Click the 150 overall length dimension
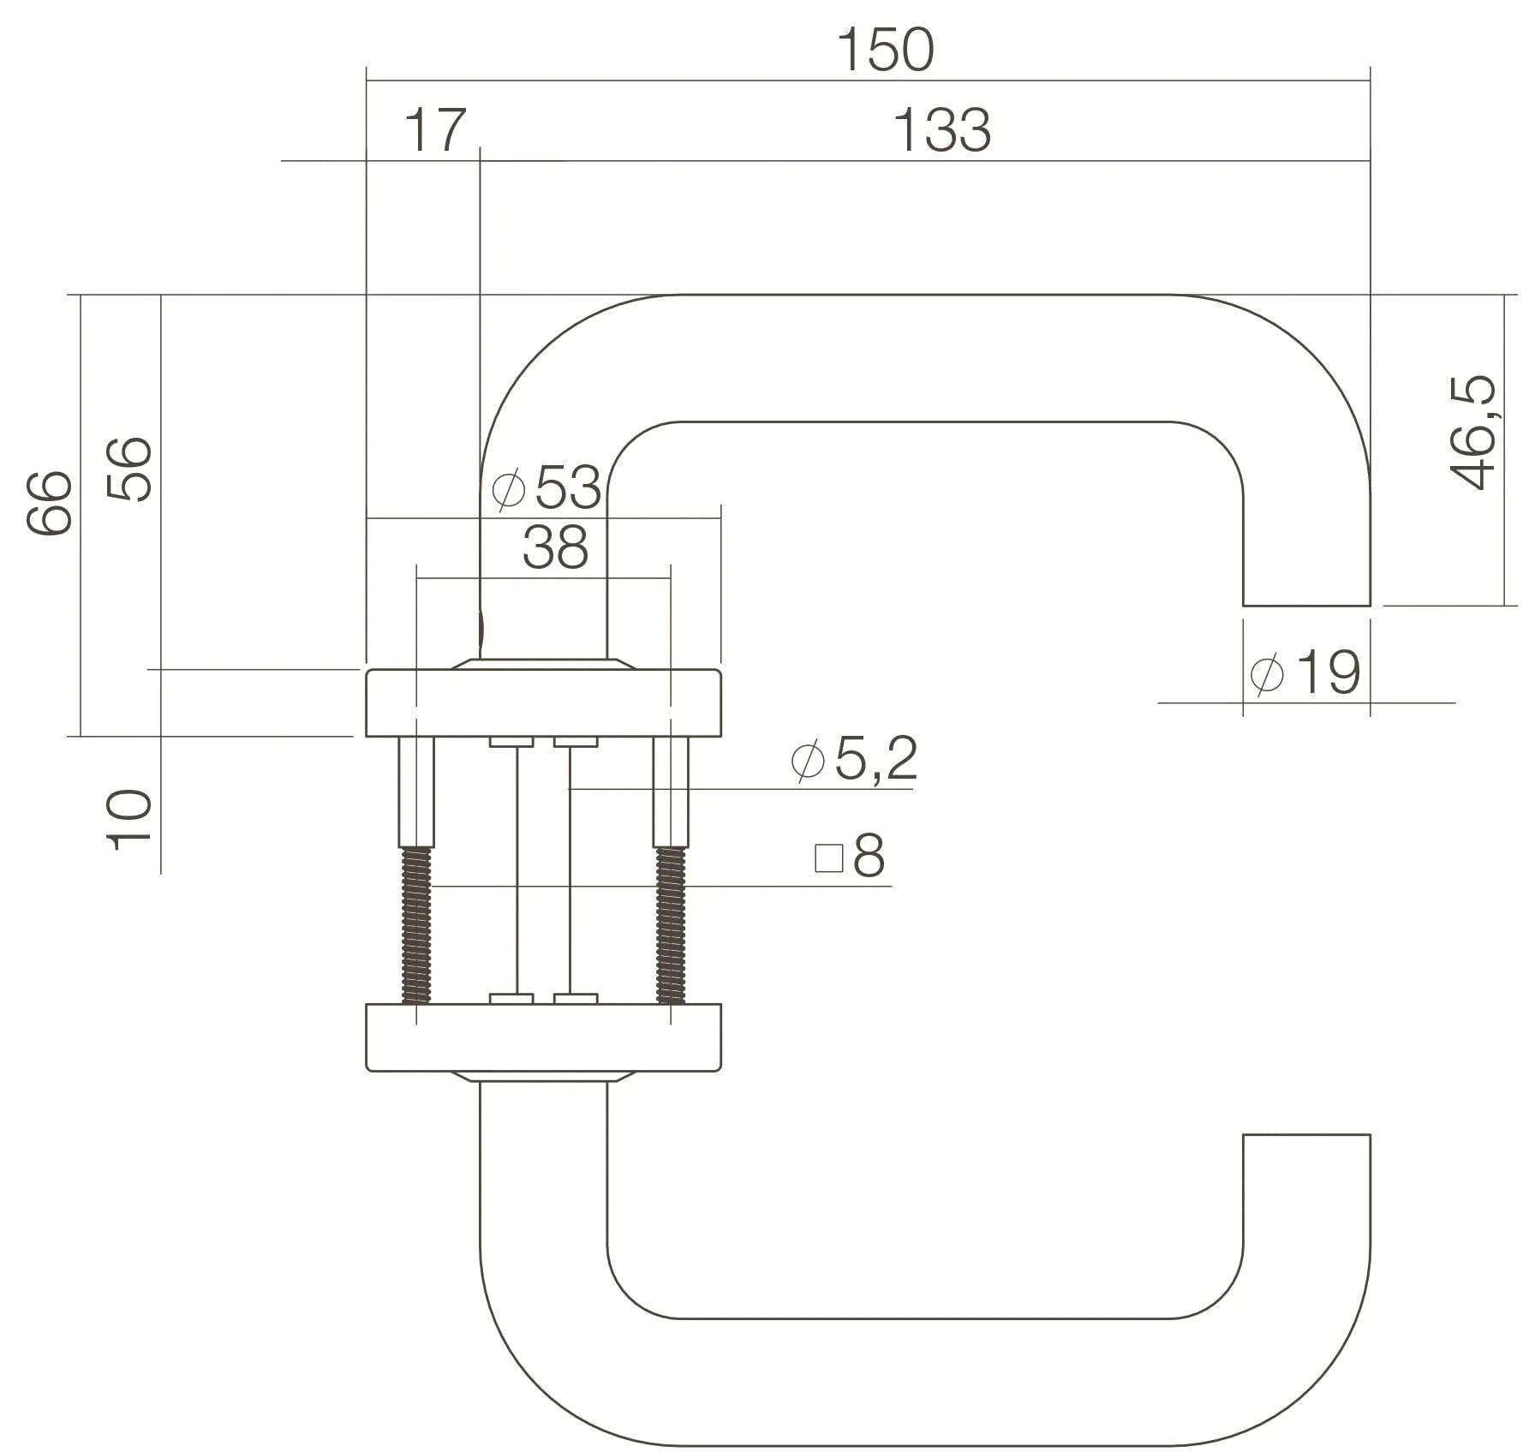[x=885, y=50]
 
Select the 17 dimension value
[x=435, y=130]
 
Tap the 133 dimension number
[x=941, y=130]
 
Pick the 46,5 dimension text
[x=1472, y=433]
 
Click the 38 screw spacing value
[x=555, y=547]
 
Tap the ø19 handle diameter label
[x=1305, y=672]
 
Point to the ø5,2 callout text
[x=855, y=758]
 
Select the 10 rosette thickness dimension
[x=129, y=820]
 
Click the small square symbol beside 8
[x=828, y=857]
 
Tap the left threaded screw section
[x=415, y=925]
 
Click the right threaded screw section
[x=671, y=925]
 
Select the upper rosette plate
[x=543, y=702]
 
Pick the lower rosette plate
[x=543, y=1037]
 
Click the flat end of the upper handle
[x=1306, y=604]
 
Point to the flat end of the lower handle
[x=1306, y=1137]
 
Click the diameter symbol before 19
[x=1267, y=673]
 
